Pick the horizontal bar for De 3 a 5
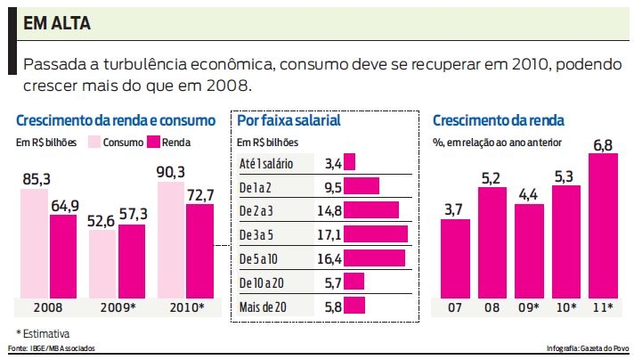point(375,233)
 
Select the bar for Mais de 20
point(354,306)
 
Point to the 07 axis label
point(455,308)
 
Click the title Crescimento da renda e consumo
point(116,119)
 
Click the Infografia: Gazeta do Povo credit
point(587,348)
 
